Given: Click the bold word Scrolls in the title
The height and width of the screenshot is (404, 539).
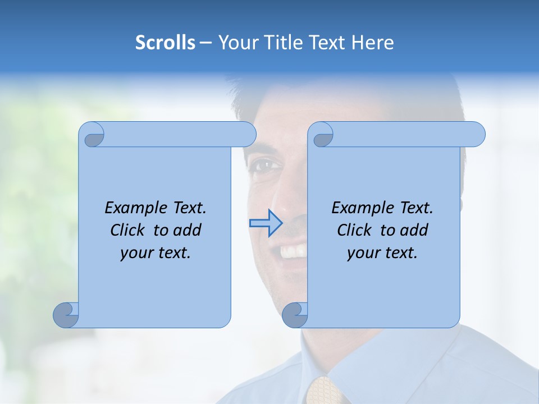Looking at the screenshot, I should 165,43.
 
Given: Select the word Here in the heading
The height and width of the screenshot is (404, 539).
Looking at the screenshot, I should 372,43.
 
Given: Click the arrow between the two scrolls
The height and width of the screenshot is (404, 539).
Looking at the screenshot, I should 266,223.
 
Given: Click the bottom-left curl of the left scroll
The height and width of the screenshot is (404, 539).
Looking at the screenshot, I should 66,314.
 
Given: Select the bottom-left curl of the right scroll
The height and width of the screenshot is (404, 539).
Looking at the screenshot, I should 295,314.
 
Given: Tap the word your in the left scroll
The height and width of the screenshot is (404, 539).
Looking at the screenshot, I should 136,253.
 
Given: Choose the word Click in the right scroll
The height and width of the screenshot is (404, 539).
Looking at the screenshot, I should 354,230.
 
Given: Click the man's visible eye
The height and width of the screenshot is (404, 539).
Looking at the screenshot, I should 266,166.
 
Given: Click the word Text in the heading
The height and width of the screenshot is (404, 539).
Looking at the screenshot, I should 326,43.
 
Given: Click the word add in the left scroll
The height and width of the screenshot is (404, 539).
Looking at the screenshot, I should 188,230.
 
